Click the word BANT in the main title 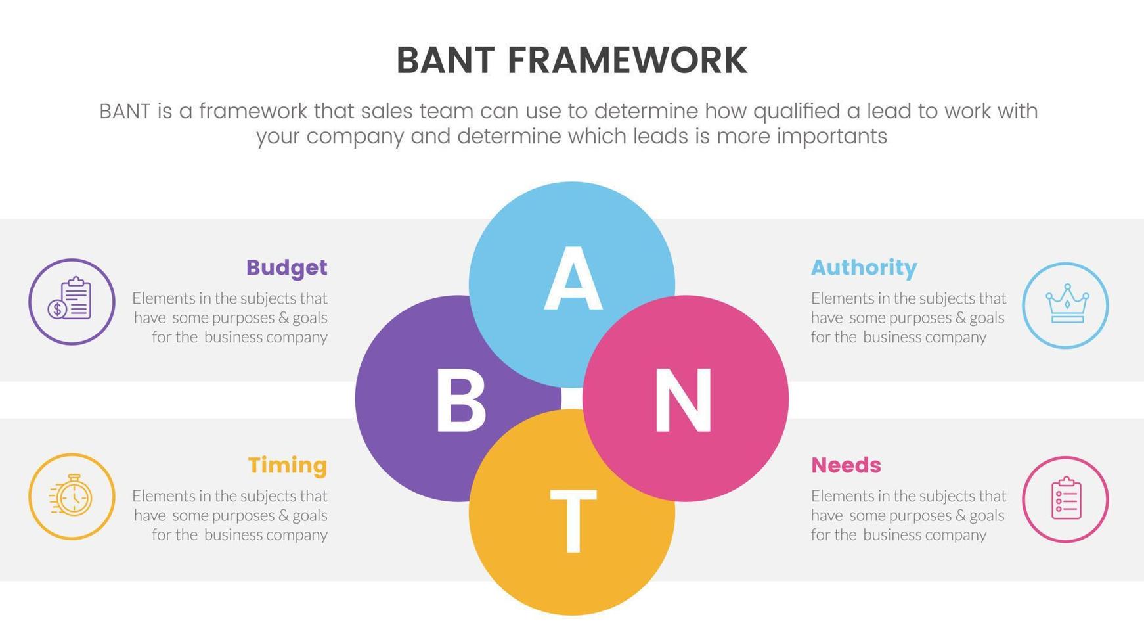[x=445, y=60]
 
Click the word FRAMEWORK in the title [x=627, y=60]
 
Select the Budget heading [x=286, y=267]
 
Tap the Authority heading [x=864, y=267]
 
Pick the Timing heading [x=288, y=465]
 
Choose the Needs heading [x=846, y=465]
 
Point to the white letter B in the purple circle [x=460, y=400]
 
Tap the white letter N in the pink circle [x=683, y=400]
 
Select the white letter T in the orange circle [x=573, y=521]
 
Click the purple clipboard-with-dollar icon [x=72, y=302]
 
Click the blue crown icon [x=1065, y=305]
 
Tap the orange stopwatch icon [x=72, y=496]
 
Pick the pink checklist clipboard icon [x=1065, y=499]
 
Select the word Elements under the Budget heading [x=164, y=298]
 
